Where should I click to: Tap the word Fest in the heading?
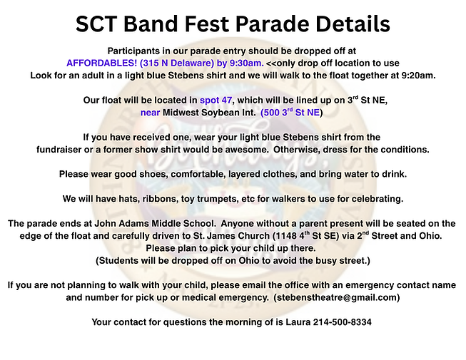pyautogui.click(x=207, y=24)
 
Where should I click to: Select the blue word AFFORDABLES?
pyautogui.click(x=101, y=63)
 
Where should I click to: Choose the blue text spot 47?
pyautogui.click(x=216, y=101)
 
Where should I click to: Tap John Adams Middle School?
pyautogui.click(x=155, y=223)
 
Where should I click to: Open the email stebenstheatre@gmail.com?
pyautogui.click(x=336, y=298)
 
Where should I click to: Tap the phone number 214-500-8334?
pyautogui.click(x=343, y=322)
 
